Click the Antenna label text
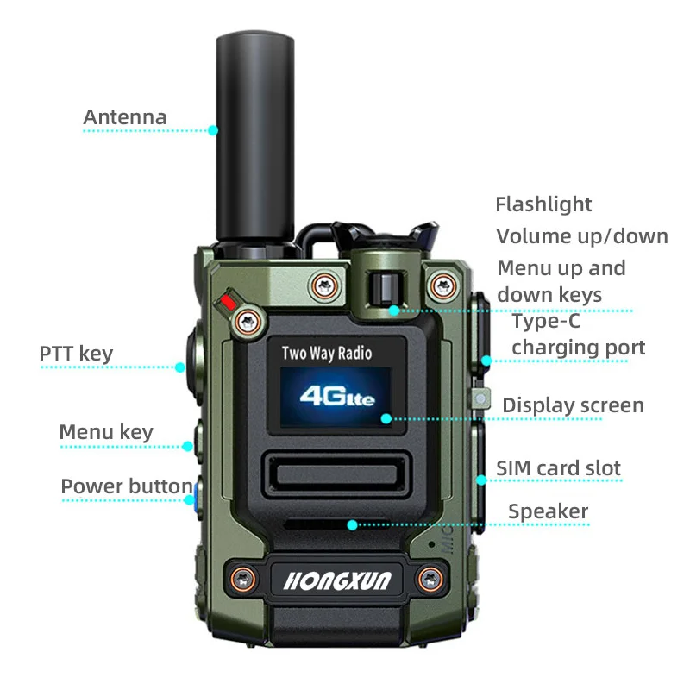coord(125,117)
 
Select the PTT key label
coord(76,354)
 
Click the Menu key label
coord(105,432)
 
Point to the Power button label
coord(126,486)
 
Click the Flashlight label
coord(543,204)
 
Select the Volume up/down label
coord(582,236)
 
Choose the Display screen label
coord(573,405)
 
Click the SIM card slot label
coord(558,468)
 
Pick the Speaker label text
coord(548,511)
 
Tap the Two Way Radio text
coord(327,353)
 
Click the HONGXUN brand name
coord(337,580)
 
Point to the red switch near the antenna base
coord(229,302)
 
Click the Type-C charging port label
coord(578,335)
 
